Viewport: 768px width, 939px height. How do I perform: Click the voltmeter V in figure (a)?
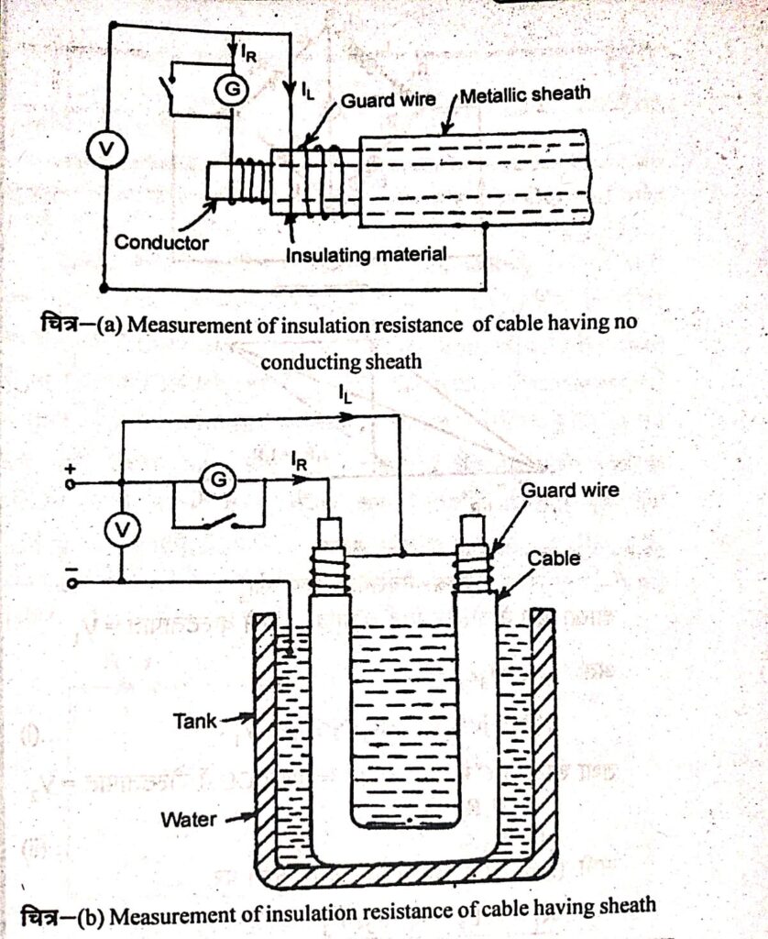click(104, 152)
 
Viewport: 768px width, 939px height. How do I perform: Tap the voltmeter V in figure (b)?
click(122, 529)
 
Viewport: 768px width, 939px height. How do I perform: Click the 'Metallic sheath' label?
click(525, 94)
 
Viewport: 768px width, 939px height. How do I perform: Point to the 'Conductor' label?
click(162, 243)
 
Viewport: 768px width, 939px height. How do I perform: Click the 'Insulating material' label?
click(367, 254)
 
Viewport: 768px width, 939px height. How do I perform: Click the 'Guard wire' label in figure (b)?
click(569, 490)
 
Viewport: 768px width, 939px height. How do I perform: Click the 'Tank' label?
click(194, 721)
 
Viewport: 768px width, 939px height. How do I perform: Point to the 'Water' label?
click(189, 819)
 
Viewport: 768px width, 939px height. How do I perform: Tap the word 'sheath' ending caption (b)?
click(626, 906)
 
